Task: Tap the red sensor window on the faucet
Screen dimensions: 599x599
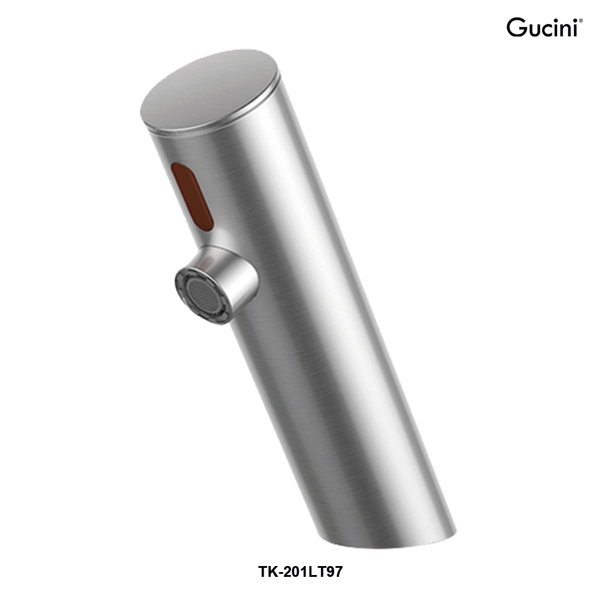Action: coord(193,196)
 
